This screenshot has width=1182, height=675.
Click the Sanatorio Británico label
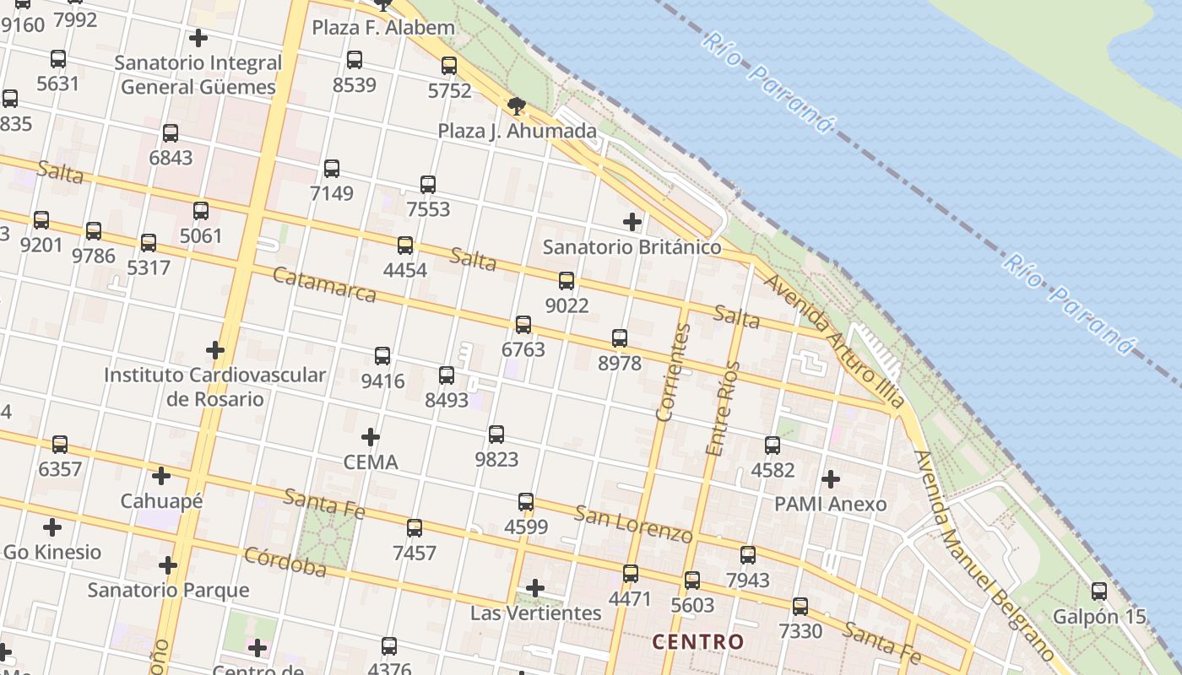(x=632, y=247)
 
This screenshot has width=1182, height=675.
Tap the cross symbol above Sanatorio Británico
(x=632, y=222)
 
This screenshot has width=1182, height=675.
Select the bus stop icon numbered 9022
(x=567, y=281)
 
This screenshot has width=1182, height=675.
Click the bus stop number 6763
(x=523, y=349)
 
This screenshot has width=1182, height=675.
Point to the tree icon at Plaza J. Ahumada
(x=517, y=106)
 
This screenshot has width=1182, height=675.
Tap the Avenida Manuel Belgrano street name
(x=984, y=557)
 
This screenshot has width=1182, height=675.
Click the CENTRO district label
(x=698, y=642)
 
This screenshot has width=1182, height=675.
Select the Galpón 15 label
(x=1099, y=616)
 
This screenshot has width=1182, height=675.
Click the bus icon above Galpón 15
(x=1099, y=591)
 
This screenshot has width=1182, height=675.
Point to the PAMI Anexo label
(x=831, y=505)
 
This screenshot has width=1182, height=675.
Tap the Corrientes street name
(x=672, y=372)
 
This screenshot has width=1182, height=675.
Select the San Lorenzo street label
(x=633, y=523)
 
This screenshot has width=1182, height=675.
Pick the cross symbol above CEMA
(x=370, y=437)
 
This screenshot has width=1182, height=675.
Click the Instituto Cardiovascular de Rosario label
(x=214, y=386)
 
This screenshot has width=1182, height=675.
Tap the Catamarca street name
(x=324, y=285)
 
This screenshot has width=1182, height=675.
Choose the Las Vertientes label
(x=535, y=613)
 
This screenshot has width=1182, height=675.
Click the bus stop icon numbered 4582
(x=773, y=445)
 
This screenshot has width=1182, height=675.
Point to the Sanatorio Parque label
(x=169, y=590)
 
